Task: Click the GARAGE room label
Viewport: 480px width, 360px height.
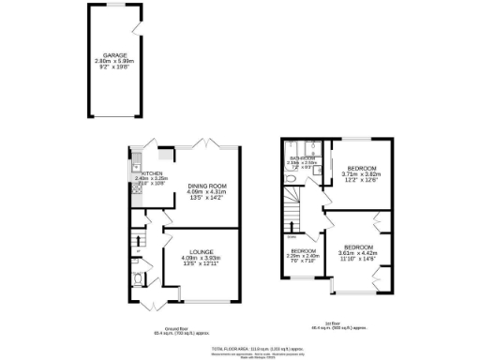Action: tap(114, 54)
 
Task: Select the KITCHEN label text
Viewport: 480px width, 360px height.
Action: tap(152, 173)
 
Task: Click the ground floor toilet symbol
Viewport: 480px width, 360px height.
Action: tap(137, 278)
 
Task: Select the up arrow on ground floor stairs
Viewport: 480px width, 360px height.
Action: tap(137, 252)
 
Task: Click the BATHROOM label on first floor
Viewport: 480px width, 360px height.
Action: tap(300, 158)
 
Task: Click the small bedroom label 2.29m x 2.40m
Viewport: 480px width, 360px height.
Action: tap(304, 251)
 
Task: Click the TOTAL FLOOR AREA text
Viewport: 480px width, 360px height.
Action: tap(255, 347)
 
